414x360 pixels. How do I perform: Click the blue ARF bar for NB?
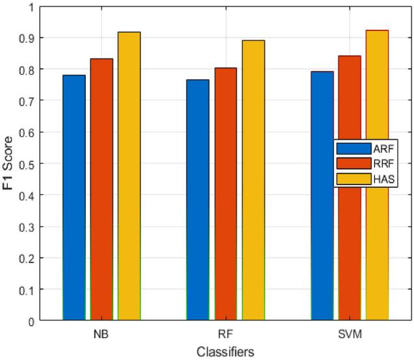point(73,198)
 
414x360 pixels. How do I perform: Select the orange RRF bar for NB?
point(101,189)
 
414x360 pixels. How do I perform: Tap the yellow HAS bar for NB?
point(129,176)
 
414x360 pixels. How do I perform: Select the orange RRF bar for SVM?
point(350,188)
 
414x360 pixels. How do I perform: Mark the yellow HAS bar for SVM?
point(377,175)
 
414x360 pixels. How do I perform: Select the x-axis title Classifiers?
point(225,351)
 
